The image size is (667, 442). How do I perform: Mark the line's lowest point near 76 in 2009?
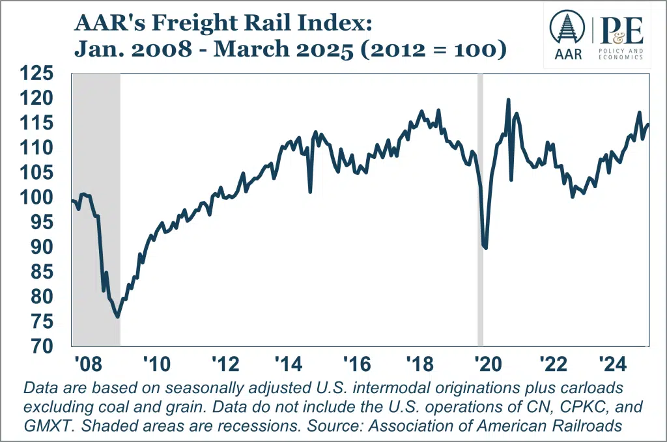point(117,317)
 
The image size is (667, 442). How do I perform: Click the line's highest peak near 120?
point(508,100)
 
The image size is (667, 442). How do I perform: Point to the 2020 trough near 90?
point(486,248)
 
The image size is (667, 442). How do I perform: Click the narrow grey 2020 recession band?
point(481,293)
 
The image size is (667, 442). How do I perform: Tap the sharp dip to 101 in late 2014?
point(310,191)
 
